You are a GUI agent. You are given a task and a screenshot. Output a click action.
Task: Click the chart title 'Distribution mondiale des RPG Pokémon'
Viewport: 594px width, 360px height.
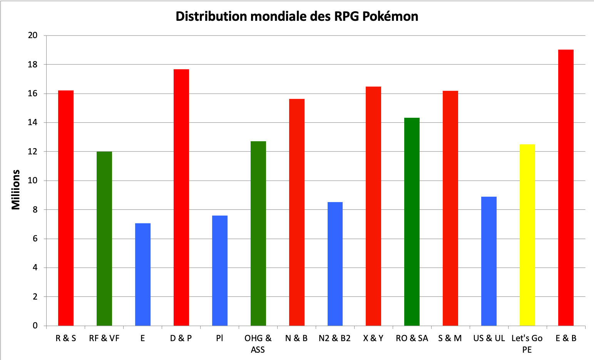pyautogui.click(x=297, y=16)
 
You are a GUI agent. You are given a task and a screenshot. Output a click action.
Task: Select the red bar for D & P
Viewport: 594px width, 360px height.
pyautogui.click(x=181, y=197)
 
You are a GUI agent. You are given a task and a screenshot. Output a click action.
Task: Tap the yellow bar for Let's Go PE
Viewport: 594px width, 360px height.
pyautogui.click(x=527, y=235)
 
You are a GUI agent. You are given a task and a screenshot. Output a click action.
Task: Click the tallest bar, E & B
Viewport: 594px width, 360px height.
pyautogui.click(x=566, y=188)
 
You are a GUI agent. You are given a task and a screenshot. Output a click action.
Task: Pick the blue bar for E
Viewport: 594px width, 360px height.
pyautogui.click(x=143, y=274)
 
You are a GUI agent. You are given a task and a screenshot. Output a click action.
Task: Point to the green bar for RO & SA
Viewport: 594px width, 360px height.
pyautogui.click(x=412, y=221)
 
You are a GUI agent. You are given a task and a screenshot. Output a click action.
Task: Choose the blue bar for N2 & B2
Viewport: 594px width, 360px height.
pyautogui.click(x=335, y=264)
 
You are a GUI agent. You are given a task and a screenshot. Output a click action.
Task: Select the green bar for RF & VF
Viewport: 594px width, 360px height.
pyautogui.click(x=104, y=238)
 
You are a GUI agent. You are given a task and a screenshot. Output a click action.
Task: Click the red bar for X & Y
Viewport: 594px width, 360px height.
pyautogui.click(x=373, y=206)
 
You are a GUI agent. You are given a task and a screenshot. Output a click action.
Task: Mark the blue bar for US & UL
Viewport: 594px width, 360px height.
pyautogui.click(x=489, y=261)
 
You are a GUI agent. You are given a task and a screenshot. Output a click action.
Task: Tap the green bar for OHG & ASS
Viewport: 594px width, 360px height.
pyautogui.click(x=258, y=233)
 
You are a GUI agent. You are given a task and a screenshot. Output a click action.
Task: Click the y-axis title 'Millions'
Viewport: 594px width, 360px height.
pyautogui.click(x=16, y=189)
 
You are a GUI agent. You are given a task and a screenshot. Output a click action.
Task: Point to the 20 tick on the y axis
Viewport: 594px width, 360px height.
pyautogui.click(x=33, y=35)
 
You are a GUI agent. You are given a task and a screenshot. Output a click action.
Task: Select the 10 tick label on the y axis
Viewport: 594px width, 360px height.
pyautogui.click(x=33, y=181)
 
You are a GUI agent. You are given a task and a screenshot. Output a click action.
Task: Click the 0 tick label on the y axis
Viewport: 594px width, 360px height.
pyautogui.click(x=35, y=326)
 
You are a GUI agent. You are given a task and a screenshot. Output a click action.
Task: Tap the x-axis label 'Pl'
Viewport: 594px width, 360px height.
pyautogui.click(x=219, y=338)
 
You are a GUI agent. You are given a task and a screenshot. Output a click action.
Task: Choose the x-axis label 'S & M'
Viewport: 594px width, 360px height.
pyautogui.click(x=450, y=338)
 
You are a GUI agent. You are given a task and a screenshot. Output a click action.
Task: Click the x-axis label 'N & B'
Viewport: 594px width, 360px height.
pyautogui.click(x=296, y=338)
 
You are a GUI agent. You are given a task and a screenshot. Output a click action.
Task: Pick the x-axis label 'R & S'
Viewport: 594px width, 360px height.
pyautogui.click(x=66, y=338)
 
